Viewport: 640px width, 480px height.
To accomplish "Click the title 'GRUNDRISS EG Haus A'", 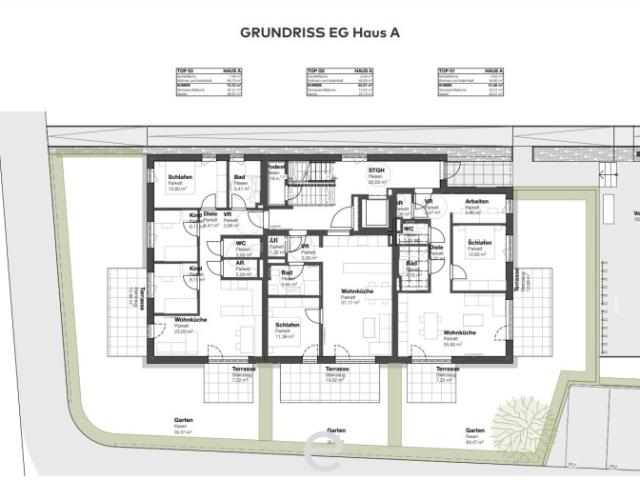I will [x=320, y=32].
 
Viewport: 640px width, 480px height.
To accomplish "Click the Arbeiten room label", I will [x=475, y=202].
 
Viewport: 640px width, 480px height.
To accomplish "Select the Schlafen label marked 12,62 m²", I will [x=479, y=247].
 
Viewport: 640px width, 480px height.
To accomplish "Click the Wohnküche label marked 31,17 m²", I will [x=347, y=294].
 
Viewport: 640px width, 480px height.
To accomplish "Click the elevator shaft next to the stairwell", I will [x=375, y=212].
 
